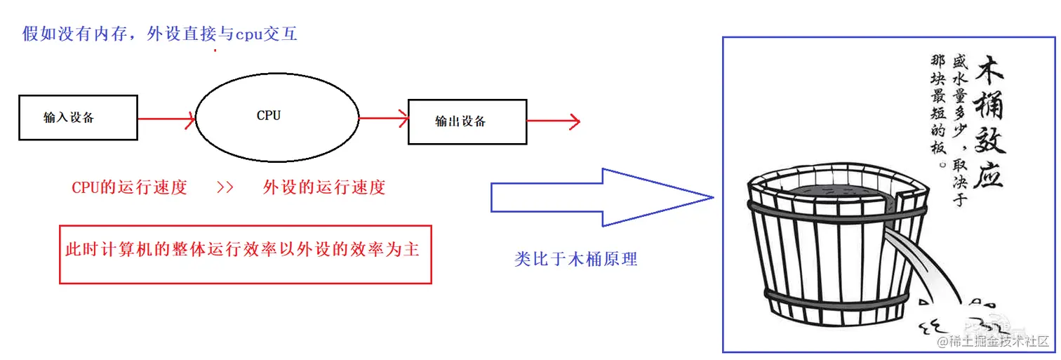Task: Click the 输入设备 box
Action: click(77, 118)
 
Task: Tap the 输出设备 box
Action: click(467, 121)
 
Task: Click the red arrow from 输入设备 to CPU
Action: click(166, 119)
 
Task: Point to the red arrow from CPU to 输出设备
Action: click(383, 119)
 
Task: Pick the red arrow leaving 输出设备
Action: click(554, 121)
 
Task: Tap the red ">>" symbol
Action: click(225, 187)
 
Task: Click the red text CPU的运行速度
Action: click(129, 187)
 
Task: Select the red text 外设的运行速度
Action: click(324, 187)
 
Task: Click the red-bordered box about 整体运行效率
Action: click(245, 253)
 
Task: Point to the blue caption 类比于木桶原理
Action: click(575, 259)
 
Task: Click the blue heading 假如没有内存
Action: click(160, 34)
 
